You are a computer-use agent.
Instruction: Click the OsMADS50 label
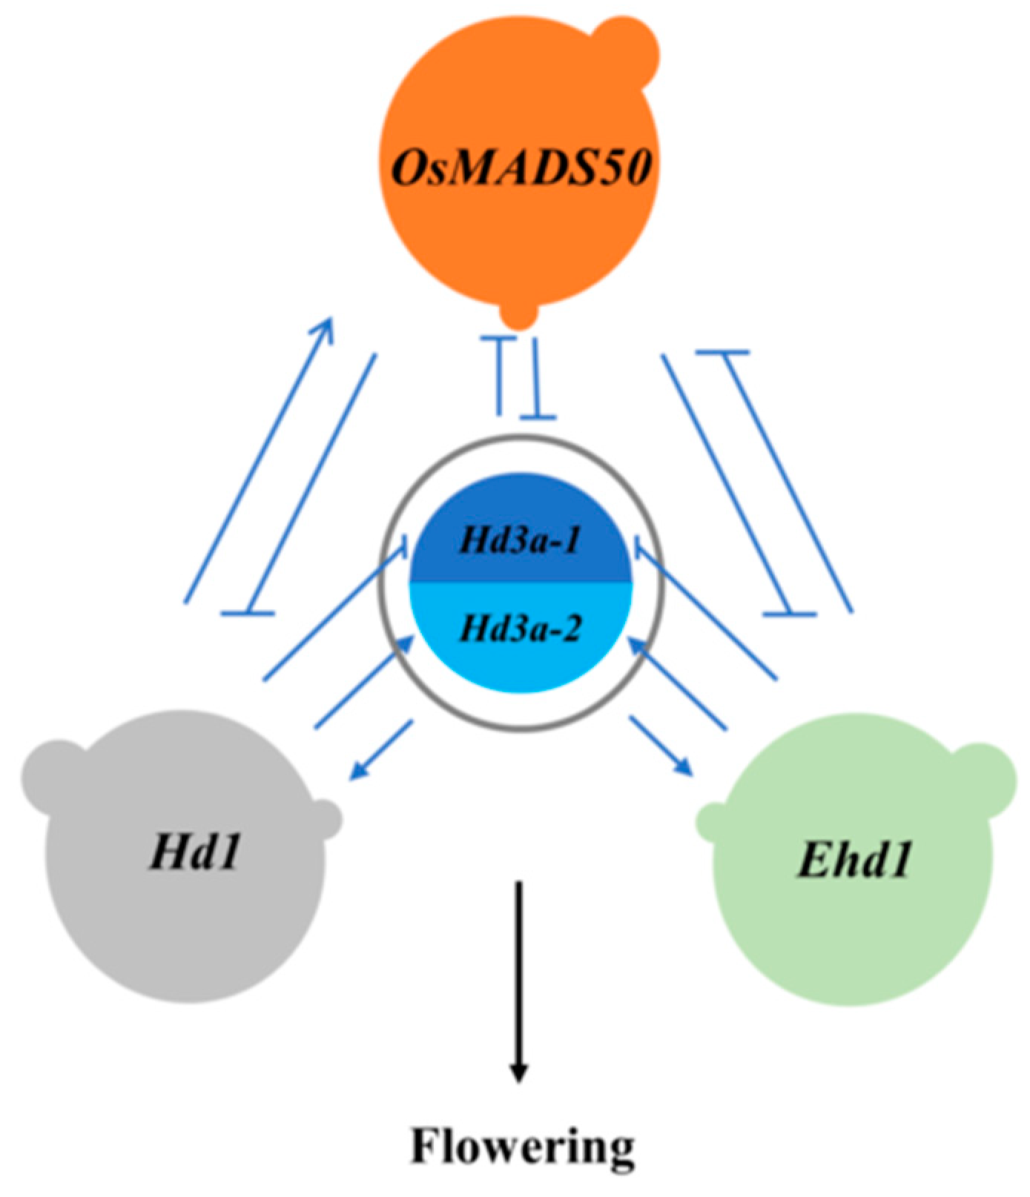[x=521, y=168]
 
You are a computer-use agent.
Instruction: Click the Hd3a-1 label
[x=521, y=540]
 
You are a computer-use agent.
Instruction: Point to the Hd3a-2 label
[x=521, y=629]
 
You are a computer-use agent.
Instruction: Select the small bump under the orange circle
[x=518, y=314]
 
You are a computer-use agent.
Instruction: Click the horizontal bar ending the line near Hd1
[x=248, y=613]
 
